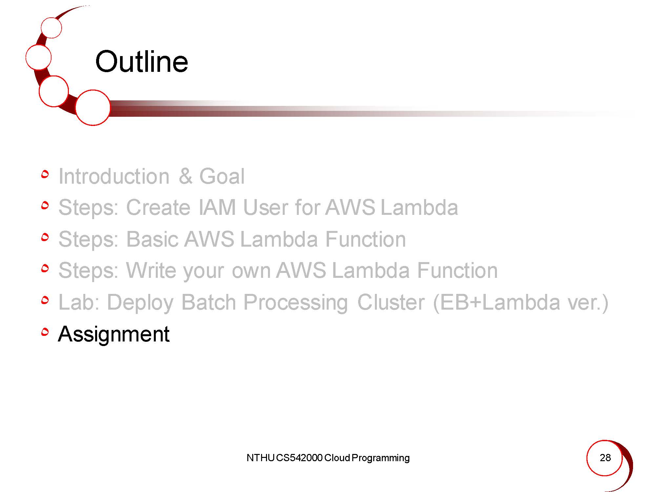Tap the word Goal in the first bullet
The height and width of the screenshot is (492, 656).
tap(222, 176)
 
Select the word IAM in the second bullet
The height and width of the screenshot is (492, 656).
tap(217, 207)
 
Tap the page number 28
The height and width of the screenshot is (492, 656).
tap(605, 458)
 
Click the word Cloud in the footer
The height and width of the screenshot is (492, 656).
tap(337, 458)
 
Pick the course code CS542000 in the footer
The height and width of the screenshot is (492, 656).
tap(299, 458)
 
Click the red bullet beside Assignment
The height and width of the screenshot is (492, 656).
tap(45, 332)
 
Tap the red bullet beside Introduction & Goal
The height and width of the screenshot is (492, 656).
tap(45, 174)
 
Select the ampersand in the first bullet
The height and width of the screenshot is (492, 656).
tap(186, 176)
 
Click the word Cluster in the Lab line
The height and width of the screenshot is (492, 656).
tap(391, 302)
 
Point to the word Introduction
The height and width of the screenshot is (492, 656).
tap(114, 176)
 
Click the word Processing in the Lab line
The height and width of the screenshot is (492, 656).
tap(296, 302)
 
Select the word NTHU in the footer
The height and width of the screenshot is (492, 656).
tap(260, 458)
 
